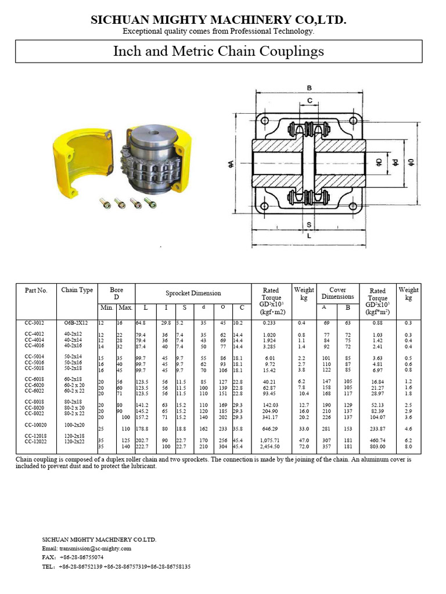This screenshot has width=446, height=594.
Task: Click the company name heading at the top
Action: tap(218, 21)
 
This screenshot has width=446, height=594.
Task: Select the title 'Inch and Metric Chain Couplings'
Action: tap(218, 52)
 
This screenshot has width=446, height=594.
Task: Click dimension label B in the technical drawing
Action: tap(310, 88)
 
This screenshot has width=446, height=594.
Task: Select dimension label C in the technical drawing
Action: tap(310, 101)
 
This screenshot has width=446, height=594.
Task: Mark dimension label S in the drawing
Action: tap(310, 224)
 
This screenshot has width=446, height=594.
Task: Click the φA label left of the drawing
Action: tap(232, 166)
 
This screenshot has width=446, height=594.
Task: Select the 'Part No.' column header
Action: tap(36, 291)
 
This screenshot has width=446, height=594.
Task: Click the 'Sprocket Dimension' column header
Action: tap(193, 294)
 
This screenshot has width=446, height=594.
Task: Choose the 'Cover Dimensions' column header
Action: tap(337, 294)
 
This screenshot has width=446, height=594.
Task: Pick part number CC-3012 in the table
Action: tap(36, 323)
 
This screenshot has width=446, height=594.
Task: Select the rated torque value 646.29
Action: tap(271, 429)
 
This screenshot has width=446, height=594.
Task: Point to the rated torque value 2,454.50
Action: tap(271, 447)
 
